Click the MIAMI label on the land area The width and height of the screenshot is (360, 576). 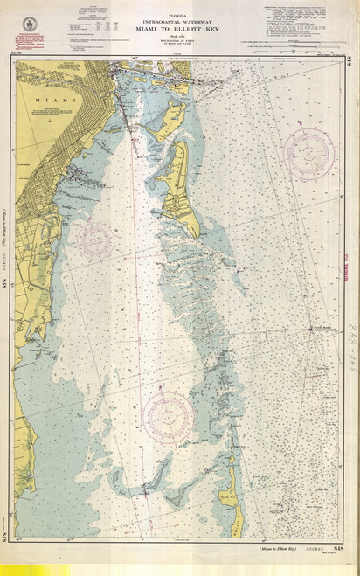(45, 101)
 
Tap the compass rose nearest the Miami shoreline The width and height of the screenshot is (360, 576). (94, 239)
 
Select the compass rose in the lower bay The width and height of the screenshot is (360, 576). (168, 414)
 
